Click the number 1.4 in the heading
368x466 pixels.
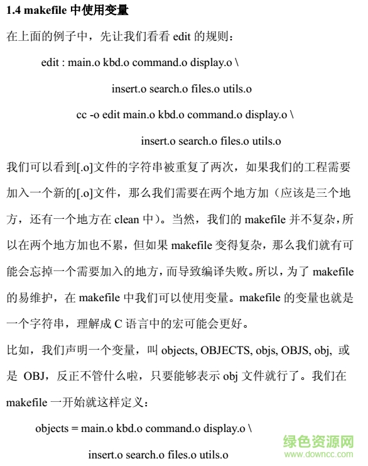pos(13,11)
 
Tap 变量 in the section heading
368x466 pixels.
pos(116,11)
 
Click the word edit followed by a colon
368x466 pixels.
pos(51,63)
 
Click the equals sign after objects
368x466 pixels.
pos(75,428)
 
